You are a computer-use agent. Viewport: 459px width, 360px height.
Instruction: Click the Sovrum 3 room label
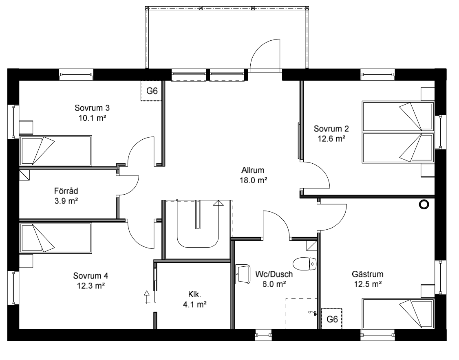[92, 108]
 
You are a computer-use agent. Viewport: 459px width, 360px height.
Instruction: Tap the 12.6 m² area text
[331, 138]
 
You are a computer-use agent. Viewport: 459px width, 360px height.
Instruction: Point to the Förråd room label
[66, 191]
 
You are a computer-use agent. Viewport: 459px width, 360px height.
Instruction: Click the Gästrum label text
[369, 274]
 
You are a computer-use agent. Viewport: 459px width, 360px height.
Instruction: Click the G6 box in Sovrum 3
[152, 91]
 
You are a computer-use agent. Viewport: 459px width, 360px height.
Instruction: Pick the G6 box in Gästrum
[332, 319]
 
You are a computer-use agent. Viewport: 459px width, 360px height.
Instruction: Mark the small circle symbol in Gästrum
[424, 205]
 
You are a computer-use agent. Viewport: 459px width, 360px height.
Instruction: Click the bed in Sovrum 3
[55, 151]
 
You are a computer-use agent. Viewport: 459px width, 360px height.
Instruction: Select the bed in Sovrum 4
[55, 238]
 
